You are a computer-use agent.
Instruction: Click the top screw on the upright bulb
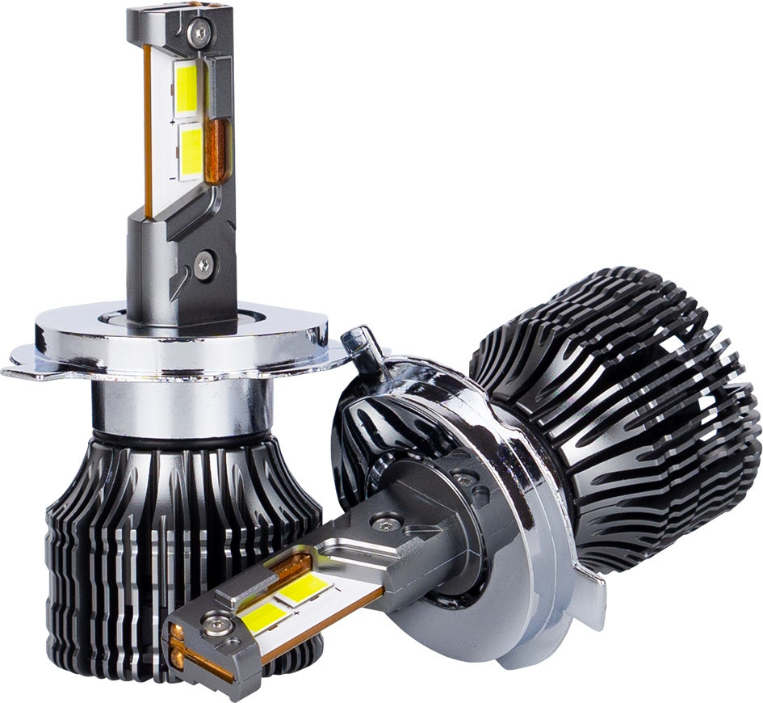[x=198, y=32]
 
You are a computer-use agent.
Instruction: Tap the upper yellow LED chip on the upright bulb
[x=187, y=86]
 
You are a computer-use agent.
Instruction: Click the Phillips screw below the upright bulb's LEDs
[x=203, y=263]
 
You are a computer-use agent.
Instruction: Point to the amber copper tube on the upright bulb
[x=216, y=150]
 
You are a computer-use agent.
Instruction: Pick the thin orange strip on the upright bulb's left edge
[x=148, y=129]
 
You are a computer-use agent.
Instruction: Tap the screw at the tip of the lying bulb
[x=214, y=625]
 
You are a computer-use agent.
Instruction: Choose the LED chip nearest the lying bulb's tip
[x=262, y=616]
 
